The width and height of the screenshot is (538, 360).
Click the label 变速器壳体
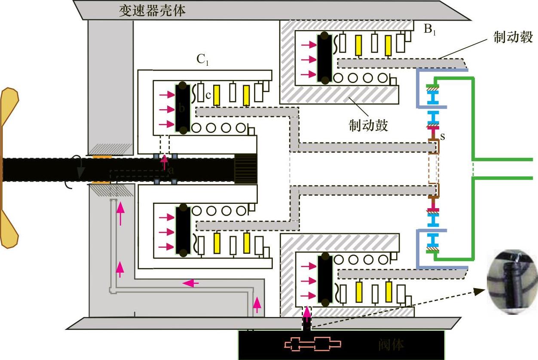[x=152, y=10]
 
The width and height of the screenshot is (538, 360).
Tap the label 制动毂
[x=513, y=38]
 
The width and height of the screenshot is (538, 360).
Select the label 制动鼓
[x=368, y=125]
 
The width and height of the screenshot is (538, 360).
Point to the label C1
[x=202, y=60]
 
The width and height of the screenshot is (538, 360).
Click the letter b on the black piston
[x=181, y=109]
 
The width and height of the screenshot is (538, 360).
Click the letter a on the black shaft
[x=172, y=171]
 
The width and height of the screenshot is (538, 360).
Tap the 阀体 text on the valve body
[x=391, y=345]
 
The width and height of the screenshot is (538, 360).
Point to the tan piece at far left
[x=9, y=168]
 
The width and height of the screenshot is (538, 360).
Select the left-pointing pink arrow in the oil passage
[x=190, y=283]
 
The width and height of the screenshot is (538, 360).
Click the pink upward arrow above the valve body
[x=306, y=312]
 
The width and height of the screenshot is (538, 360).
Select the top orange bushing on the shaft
[x=102, y=157]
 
